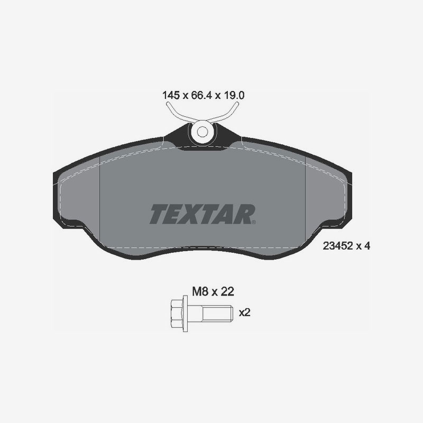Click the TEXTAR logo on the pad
pos(203,214)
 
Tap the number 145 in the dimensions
pos(171,95)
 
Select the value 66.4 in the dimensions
pos(201,95)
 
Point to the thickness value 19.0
pos(233,95)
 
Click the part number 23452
pos(338,246)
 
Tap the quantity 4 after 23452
pos(367,246)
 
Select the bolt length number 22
pos(227,292)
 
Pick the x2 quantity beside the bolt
pos(245,312)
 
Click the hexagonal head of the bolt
pos(177,314)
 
